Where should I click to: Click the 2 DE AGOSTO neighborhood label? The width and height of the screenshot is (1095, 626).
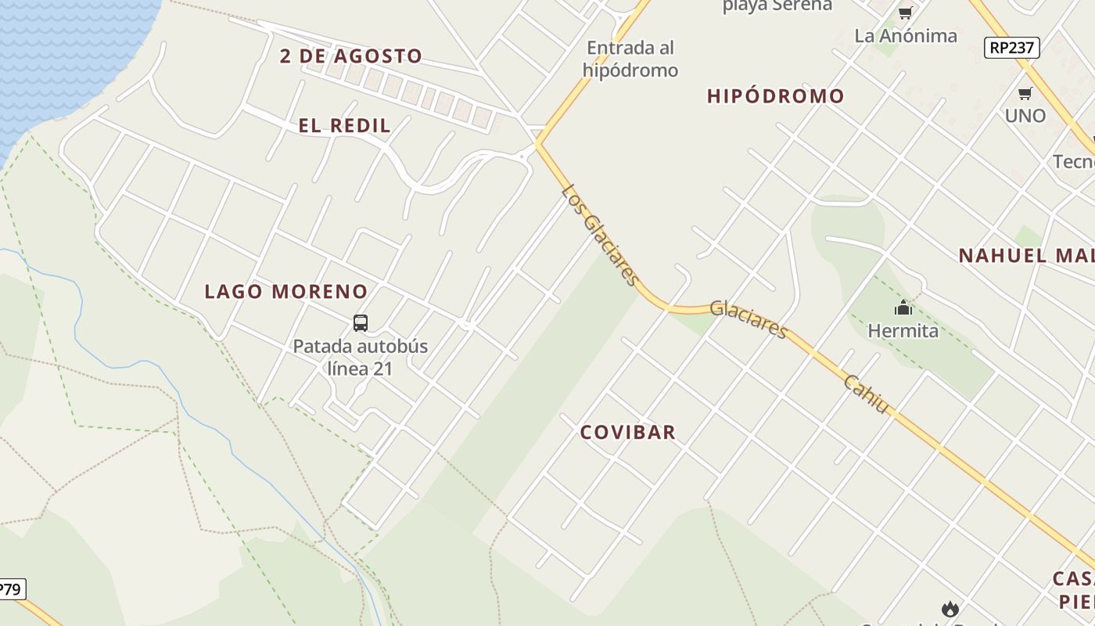[x=351, y=56]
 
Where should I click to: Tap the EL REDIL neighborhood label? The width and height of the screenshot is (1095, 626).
[x=344, y=126]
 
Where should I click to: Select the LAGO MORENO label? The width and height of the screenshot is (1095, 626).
[x=285, y=292]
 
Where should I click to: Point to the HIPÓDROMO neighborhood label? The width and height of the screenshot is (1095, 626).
[x=775, y=96]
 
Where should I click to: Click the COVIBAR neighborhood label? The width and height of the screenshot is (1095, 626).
[x=627, y=432]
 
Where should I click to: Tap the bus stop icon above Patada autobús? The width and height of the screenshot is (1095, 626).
[x=360, y=322]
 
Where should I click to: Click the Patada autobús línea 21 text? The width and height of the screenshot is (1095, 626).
[x=360, y=357]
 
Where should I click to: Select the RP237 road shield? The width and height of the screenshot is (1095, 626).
[x=1011, y=48]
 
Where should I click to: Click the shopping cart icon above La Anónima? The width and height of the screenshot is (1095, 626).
[x=905, y=13]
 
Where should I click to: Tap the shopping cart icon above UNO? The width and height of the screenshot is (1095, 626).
[x=1025, y=94]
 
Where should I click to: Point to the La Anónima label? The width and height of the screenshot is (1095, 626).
[x=905, y=36]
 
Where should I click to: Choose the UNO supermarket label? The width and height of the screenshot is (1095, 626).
[x=1025, y=116]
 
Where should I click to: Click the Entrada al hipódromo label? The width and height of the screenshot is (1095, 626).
[x=630, y=59]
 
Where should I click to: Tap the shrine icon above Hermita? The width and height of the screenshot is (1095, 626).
[x=903, y=308]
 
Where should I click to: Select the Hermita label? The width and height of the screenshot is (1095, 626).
[x=903, y=331]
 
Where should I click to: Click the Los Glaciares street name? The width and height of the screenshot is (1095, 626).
[x=600, y=235]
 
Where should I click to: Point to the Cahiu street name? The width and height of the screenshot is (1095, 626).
[x=867, y=394]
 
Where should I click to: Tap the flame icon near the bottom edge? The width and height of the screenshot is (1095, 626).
[x=950, y=608]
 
